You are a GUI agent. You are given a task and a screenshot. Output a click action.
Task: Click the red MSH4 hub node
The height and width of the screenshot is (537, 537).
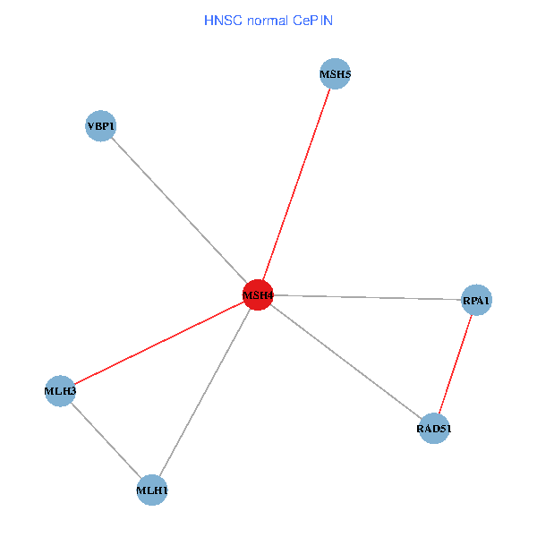point(258,294)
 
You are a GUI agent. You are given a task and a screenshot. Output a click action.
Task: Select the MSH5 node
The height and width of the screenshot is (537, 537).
point(335,73)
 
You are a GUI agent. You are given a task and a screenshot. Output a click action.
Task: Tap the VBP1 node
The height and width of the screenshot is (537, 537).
point(101,127)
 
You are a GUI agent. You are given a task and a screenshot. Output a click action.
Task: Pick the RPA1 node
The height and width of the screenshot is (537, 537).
point(476,301)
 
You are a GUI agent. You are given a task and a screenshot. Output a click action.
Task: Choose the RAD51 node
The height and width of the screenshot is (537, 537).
point(434,429)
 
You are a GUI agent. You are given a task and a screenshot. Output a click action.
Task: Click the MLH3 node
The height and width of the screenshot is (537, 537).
point(60,391)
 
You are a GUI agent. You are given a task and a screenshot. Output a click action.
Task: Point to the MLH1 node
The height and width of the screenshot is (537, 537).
point(152,490)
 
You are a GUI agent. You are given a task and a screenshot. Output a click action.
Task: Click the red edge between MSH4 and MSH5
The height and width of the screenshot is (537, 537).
point(296,183)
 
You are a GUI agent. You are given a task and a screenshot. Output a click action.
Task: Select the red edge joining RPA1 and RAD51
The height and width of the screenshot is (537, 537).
point(456,364)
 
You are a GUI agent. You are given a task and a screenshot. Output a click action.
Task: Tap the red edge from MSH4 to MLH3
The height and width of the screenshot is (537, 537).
point(158,343)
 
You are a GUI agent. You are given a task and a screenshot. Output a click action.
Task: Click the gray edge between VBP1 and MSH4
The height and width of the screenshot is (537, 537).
point(179,210)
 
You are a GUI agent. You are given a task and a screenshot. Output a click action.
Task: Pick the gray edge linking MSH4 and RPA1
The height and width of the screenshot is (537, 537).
point(367,297)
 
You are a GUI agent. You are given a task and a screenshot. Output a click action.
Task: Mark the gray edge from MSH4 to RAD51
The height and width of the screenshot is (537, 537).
point(345,362)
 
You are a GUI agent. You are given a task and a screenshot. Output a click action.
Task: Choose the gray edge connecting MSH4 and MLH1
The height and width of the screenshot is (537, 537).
point(205,392)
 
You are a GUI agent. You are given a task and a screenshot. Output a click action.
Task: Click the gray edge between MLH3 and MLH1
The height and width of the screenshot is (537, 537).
point(106,440)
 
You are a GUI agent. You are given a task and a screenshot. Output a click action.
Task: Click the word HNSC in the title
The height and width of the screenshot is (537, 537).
point(220,20)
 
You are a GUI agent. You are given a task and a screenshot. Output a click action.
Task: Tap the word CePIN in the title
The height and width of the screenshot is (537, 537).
point(312,20)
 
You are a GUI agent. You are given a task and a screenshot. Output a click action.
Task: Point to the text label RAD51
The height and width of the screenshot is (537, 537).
point(434,430)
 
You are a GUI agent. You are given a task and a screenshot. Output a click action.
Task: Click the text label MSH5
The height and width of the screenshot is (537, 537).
point(335,74)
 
